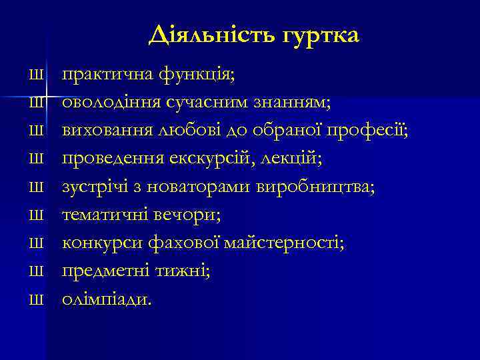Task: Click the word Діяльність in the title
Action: pos(208,35)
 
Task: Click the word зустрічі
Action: pos(93,187)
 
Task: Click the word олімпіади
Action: pos(107,299)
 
